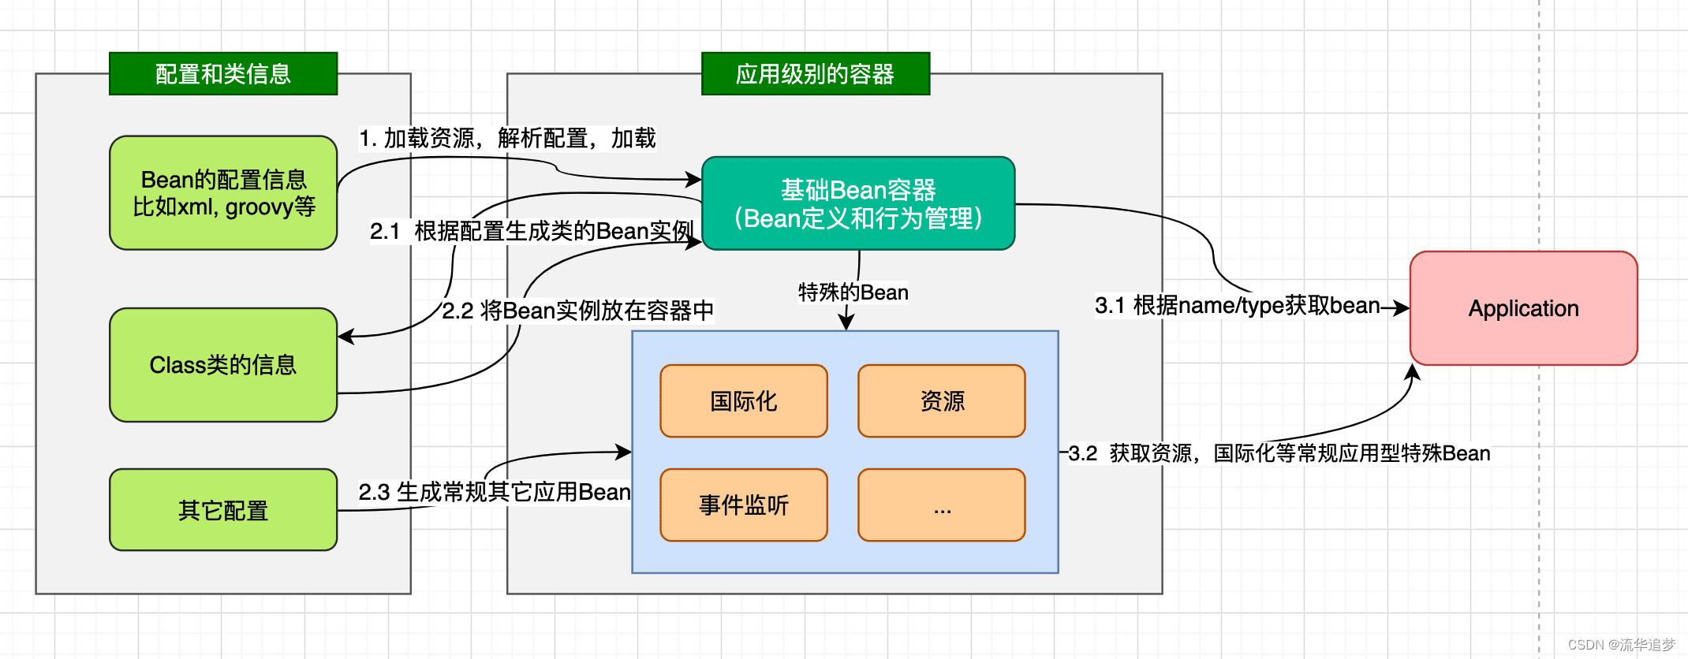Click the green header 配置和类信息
(x=223, y=74)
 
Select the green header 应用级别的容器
(x=815, y=74)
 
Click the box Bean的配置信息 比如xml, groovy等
(x=223, y=193)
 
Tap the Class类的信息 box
(x=223, y=365)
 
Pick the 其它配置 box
(x=223, y=510)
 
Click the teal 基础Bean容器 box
(x=857, y=203)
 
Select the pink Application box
(x=1523, y=308)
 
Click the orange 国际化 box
(x=743, y=401)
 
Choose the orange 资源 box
(x=941, y=401)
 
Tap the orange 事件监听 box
(x=743, y=505)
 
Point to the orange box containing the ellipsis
(x=941, y=505)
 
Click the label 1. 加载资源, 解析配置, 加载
(x=507, y=139)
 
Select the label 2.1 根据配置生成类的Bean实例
(x=532, y=231)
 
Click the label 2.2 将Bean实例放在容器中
(x=577, y=311)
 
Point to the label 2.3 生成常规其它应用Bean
(x=495, y=492)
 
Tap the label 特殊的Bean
(x=853, y=292)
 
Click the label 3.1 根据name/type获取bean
(x=1237, y=305)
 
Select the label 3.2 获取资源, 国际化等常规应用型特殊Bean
(x=1279, y=453)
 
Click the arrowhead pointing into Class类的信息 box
(x=345, y=337)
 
